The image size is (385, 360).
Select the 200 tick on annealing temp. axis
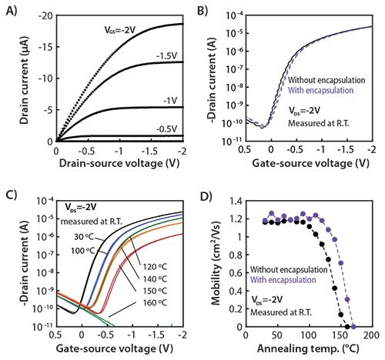[370, 336]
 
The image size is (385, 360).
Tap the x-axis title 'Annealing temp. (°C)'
[308, 348]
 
